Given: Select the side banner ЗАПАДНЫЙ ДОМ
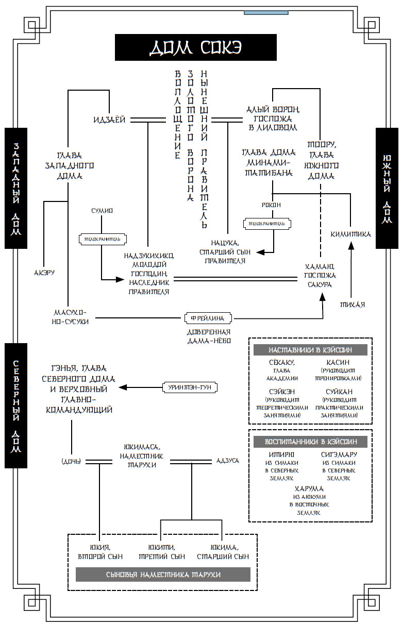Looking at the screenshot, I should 16,188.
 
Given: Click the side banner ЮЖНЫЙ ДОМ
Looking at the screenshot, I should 387,188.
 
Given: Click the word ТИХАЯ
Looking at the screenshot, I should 352,304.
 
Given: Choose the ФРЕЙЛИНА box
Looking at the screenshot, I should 208,318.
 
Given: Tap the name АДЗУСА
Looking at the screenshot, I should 227,460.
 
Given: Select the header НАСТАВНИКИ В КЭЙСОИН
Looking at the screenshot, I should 310,350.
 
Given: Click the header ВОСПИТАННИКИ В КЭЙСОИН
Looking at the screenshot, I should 310,442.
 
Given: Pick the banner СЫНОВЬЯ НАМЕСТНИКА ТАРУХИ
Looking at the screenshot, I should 163,574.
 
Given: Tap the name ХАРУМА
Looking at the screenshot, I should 309,488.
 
